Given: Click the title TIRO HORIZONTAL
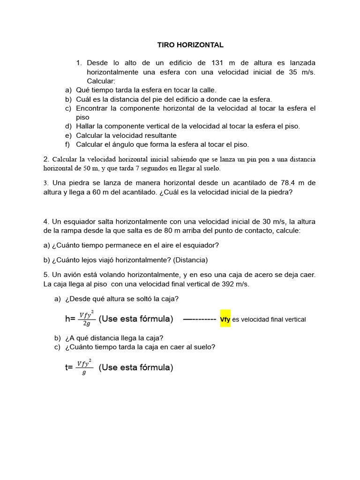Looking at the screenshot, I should (x=190, y=45).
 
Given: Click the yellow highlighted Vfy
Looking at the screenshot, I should (x=225, y=319).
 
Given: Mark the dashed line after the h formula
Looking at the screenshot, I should (x=199, y=319).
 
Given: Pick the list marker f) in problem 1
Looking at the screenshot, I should (x=68, y=144).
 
